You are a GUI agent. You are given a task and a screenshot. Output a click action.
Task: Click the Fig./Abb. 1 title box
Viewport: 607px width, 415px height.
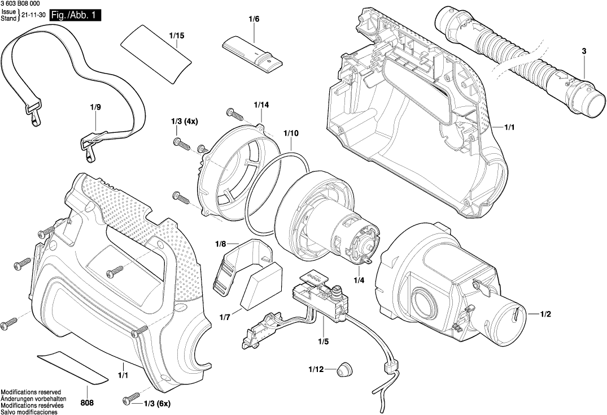pyautogui.click(x=75, y=16)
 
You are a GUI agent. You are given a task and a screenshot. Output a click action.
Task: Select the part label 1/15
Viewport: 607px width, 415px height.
pyautogui.click(x=177, y=36)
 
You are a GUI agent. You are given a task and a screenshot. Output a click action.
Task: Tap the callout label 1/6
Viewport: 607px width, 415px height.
pyautogui.click(x=254, y=20)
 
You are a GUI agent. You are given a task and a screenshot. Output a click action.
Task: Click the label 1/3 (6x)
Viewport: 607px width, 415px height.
pyautogui.click(x=157, y=403)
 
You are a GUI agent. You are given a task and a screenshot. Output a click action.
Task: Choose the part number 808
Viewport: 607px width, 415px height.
pyautogui.click(x=88, y=403)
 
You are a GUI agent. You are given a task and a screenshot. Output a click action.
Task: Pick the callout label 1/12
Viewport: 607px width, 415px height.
pyautogui.click(x=316, y=370)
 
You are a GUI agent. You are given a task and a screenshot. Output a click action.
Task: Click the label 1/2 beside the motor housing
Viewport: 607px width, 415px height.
pyautogui.click(x=546, y=313)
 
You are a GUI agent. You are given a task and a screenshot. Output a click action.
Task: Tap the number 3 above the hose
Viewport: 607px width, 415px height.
pyautogui.click(x=584, y=51)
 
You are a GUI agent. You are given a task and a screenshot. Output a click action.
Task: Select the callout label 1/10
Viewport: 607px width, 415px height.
pyautogui.click(x=291, y=133)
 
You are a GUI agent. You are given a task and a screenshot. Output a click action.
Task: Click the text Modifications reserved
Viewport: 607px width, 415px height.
pyautogui.click(x=30, y=392)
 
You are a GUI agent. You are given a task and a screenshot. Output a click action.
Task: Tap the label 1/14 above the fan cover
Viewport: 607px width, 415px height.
pyautogui.click(x=261, y=105)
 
